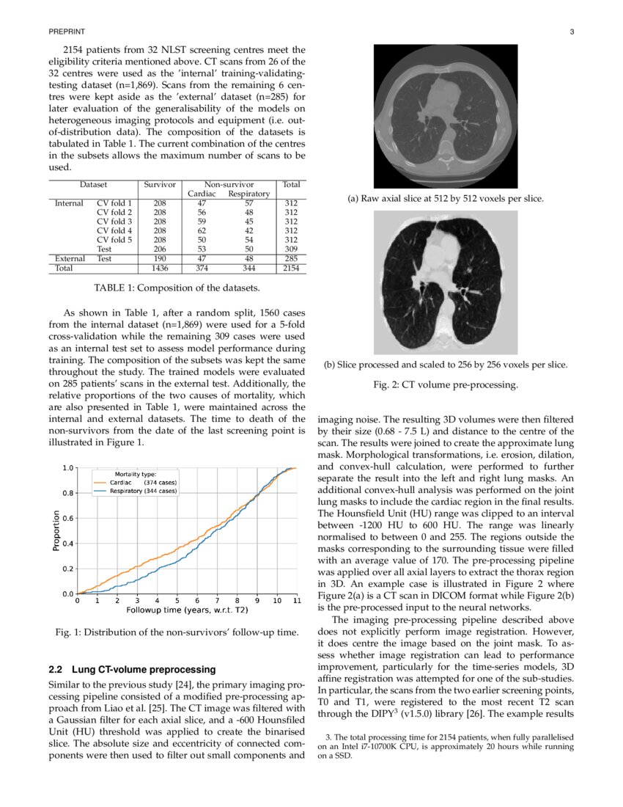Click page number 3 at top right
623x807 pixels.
pyautogui.click(x=572, y=32)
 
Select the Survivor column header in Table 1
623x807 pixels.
pyautogui.click(x=160, y=186)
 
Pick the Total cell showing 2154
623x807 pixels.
pyautogui.click(x=291, y=269)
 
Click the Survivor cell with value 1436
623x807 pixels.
pyautogui.click(x=160, y=269)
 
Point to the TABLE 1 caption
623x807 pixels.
pyautogui.click(x=177, y=288)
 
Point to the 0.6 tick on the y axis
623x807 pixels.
pyautogui.click(x=67, y=518)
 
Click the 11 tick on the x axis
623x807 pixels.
pyautogui.click(x=296, y=601)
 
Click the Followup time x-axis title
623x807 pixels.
pyautogui.click(x=187, y=610)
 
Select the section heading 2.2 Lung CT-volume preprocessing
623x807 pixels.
pyautogui.click(x=132, y=669)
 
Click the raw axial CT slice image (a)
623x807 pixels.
pyautogui.click(x=446, y=117)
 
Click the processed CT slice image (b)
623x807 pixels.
pyautogui.click(x=446, y=282)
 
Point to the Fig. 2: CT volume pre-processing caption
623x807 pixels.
pyautogui.click(x=446, y=384)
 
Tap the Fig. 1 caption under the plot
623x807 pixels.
pyautogui.click(x=177, y=632)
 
